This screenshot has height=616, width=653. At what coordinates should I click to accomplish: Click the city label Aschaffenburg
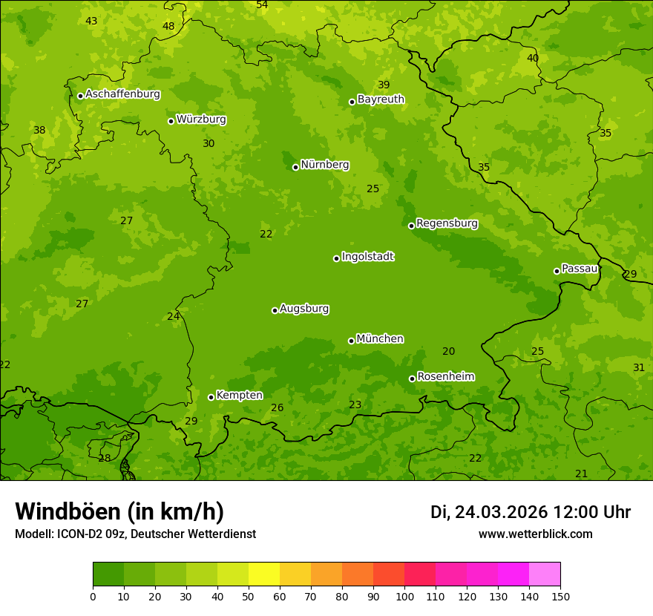coord(122,94)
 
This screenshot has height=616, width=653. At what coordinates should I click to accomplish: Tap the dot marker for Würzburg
coord(171,121)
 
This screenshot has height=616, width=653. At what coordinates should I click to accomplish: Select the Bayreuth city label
coord(381,99)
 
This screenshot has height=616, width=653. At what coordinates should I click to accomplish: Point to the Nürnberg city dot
coord(295,167)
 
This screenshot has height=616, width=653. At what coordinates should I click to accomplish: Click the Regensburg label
coord(447,223)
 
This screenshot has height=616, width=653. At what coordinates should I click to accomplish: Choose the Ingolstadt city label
coord(367,257)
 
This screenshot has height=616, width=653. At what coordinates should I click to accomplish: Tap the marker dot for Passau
coord(557,271)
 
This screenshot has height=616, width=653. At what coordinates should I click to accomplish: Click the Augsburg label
coord(304,309)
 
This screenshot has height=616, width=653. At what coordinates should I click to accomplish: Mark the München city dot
coord(351,341)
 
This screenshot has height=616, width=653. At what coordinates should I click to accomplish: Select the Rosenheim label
coord(445,377)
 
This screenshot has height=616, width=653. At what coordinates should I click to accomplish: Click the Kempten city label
coord(239,396)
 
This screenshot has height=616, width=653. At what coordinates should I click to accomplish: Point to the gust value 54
coord(262,5)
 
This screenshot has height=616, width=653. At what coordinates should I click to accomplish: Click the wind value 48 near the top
coord(168,27)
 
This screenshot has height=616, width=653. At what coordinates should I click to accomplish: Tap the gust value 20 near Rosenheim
coord(449,352)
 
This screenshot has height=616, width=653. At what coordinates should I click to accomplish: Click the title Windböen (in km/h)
coord(119,511)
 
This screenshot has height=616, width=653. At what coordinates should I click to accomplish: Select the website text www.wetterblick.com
coord(535,534)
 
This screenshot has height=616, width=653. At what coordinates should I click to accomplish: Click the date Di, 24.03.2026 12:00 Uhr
coord(531,512)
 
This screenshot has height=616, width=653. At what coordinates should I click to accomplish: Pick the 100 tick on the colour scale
coord(404,596)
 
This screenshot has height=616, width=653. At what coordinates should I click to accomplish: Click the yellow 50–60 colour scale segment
coord(264,574)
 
